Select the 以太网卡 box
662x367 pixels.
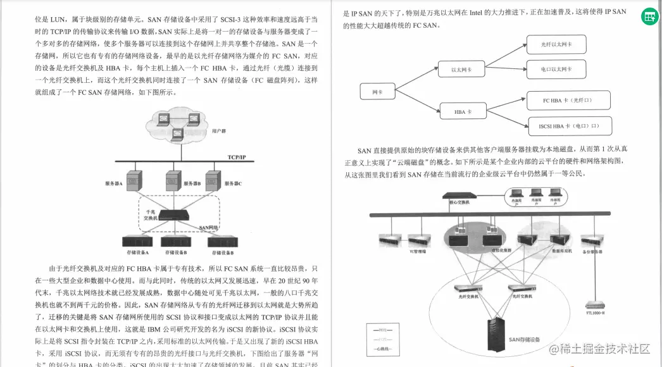point(461,70)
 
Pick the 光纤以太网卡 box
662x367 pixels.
point(556,44)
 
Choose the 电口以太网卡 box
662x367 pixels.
point(556,69)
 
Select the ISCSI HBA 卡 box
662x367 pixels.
point(569,126)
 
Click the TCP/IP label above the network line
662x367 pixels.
point(237,157)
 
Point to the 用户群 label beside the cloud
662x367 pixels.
point(219,131)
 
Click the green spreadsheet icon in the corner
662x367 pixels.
point(649,17)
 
